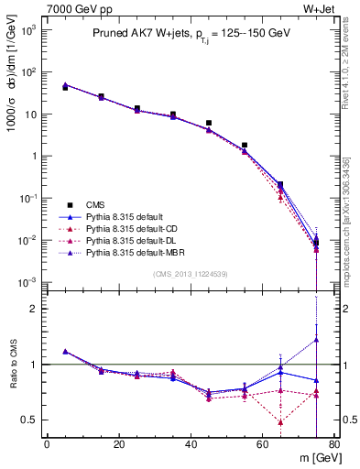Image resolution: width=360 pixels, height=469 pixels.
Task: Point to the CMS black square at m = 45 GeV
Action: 209,123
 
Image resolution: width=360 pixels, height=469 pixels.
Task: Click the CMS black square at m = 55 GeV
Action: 245,145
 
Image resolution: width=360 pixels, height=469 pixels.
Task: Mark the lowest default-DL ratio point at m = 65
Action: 280,422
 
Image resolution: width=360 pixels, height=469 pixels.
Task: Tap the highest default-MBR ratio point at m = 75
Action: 316,340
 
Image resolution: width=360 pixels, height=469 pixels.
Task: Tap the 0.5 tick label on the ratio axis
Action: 31,420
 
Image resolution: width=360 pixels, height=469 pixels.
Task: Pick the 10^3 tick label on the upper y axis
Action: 28,30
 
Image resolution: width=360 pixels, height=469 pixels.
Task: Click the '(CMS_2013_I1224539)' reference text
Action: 191,273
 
